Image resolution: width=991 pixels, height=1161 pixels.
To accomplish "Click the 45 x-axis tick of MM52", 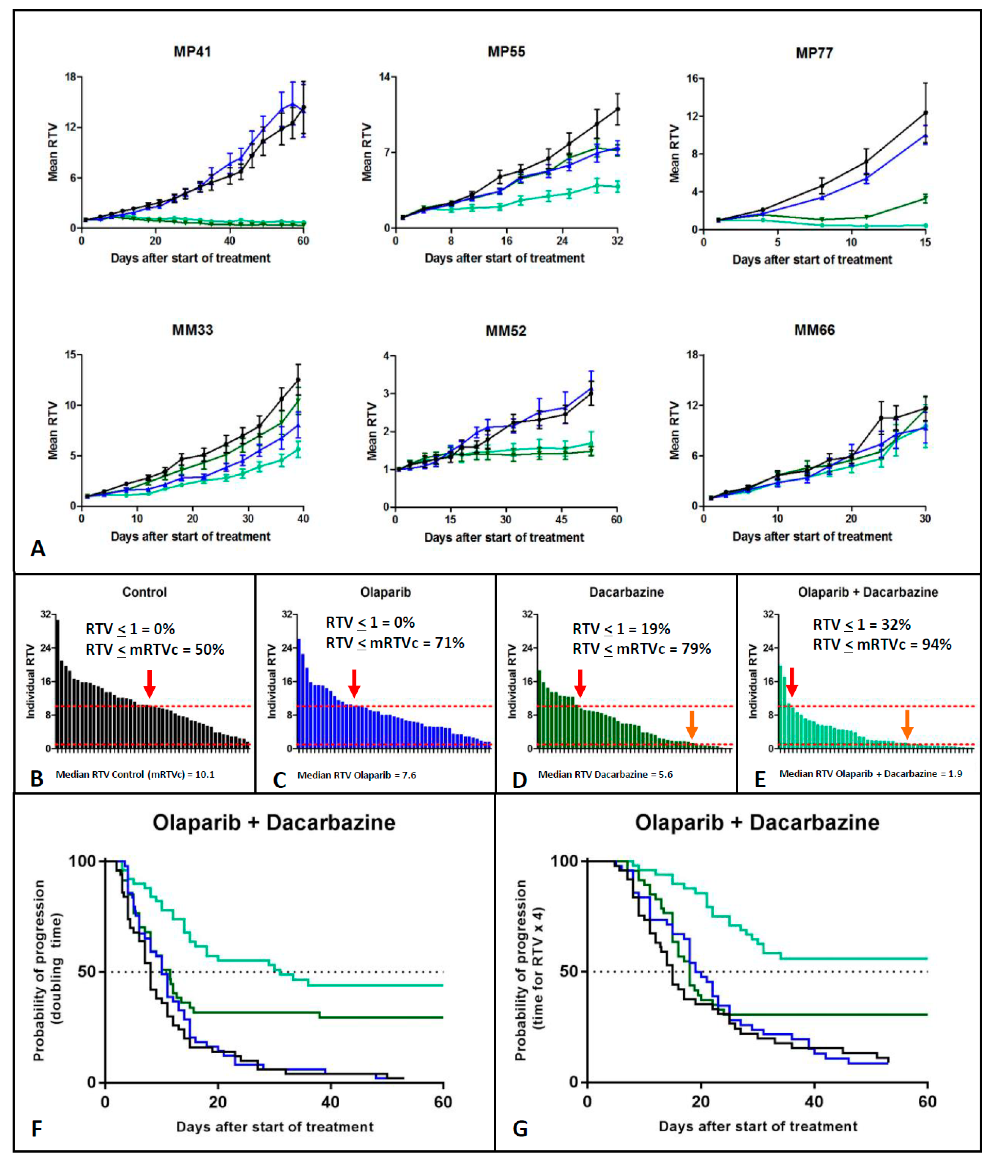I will coord(561,519).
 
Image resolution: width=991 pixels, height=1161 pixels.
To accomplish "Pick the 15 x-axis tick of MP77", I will coord(925,242).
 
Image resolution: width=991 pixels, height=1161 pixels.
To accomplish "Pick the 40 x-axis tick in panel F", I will coord(330,1102).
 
